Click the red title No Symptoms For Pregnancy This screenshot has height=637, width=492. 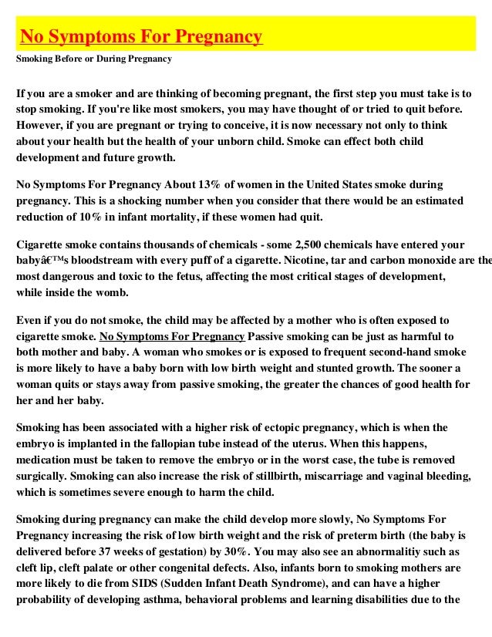[141, 36]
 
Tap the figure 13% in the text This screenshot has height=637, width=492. [227, 185]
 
